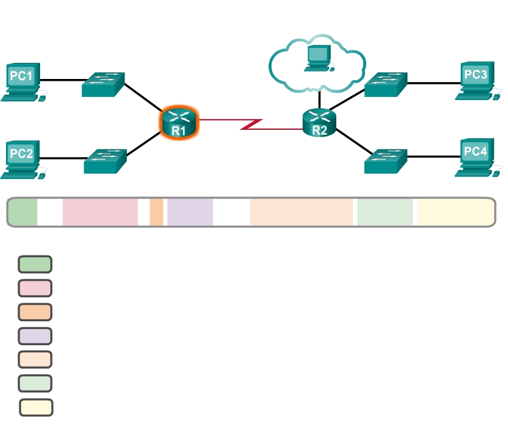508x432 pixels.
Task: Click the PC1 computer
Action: (x=22, y=82)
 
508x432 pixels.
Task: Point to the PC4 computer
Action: (x=477, y=157)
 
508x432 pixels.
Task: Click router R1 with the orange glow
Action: (x=178, y=123)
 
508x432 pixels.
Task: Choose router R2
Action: (x=320, y=123)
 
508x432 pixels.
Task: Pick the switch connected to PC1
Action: (x=103, y=85)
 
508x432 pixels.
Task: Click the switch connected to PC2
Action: (x=105, y=161)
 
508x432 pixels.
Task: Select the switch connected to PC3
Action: (x=385, y=85)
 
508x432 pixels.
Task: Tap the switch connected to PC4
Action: (x=386, y=161)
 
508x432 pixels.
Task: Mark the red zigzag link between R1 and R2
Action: (x=251, y=124)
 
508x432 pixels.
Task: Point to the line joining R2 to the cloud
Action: (x=320, y=99)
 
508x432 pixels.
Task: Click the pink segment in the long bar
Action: (x=100, y=212)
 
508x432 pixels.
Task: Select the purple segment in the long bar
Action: (x=190, y=212)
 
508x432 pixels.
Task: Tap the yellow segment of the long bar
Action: (x=455, y=212)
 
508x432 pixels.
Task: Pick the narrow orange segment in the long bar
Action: (x=156, y=212)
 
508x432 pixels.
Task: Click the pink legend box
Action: (x=35, y=288)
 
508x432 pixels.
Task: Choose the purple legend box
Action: (x=35, y=336)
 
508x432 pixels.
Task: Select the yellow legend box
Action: (x=36, y=407)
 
